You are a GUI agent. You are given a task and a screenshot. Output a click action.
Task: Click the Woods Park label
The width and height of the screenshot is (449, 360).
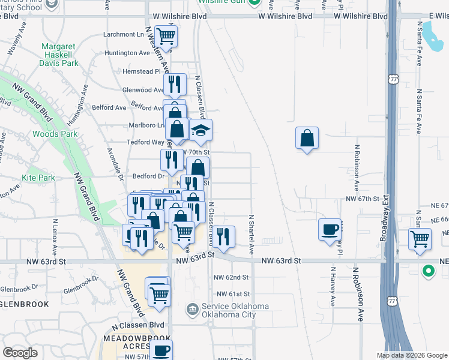(x=55, y=134)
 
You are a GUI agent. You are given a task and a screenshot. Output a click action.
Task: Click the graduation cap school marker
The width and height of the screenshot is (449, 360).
(x=201, y=130)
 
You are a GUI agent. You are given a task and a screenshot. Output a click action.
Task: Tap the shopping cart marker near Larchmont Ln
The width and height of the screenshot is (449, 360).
(x=166, y=36)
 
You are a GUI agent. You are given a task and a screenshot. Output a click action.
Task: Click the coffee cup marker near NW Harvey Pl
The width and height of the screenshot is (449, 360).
(x=330, y=230)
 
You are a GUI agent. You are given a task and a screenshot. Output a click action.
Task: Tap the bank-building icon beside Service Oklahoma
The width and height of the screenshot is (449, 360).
(x=192, y=310)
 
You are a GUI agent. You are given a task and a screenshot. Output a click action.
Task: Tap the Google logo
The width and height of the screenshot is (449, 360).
(x=20, y=353)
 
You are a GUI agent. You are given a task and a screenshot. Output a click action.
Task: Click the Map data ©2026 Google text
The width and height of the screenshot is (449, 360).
(x=411, y=355)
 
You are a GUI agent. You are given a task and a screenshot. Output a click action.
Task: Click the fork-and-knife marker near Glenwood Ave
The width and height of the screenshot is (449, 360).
(x=174, y=83)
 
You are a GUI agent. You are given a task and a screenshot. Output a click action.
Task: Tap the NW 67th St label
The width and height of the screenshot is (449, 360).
(x=363, y=198)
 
